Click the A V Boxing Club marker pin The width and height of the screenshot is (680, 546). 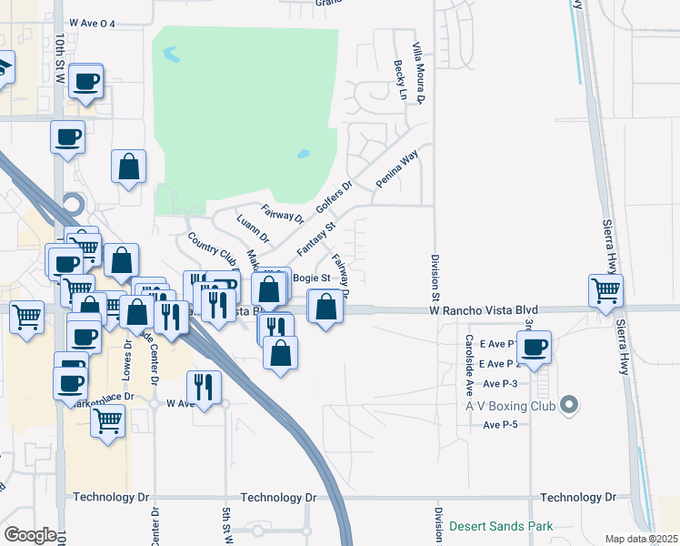570,404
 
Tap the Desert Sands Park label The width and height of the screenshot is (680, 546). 501,527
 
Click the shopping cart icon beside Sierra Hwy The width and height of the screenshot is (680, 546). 605,292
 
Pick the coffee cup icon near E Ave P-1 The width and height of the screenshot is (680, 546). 535,347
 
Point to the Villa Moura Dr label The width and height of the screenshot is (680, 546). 419,72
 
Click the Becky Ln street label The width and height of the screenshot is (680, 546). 400,80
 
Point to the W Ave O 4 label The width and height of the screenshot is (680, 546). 92,24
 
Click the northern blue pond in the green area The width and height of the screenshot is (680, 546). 170,55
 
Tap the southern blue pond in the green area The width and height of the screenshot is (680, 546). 303,155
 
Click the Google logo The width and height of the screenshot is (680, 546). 30,535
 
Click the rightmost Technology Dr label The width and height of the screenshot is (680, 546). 577,498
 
